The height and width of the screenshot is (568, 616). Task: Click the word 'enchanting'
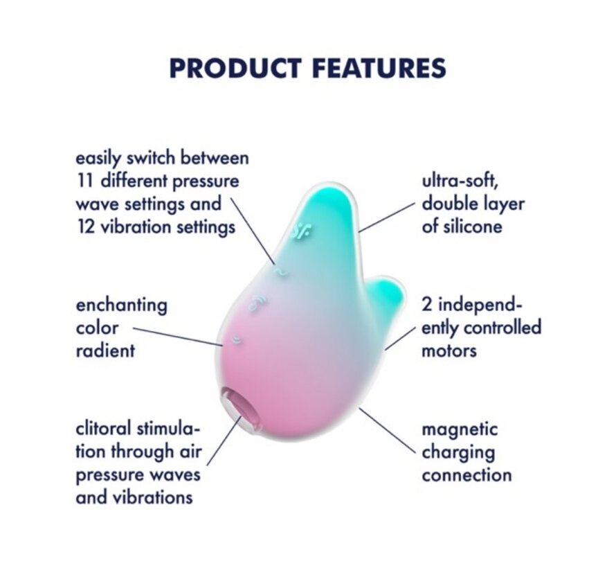pos(121,305)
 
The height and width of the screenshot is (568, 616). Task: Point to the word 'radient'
pos(105,350)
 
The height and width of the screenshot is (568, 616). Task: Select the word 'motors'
pos(449,350)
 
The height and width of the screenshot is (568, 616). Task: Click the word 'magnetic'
pos(460,429)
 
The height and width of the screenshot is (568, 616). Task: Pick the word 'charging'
pos(458,452)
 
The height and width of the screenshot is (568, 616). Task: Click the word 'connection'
pos(466,475)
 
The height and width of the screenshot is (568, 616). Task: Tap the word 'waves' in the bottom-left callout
pos(175,475)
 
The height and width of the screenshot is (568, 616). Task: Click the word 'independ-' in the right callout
pos(482,305)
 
